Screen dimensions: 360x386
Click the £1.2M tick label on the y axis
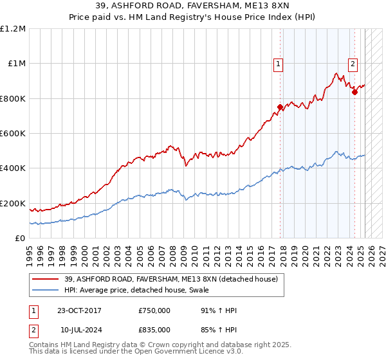[x=14, y=29]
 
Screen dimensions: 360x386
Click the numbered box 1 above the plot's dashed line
[x=278, y=63]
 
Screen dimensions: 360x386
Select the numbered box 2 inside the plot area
[x=353, y=63]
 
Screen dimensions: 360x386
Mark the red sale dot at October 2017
[x=280, y=107]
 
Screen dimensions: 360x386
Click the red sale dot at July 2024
[x=354, y=93]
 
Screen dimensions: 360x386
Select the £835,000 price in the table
[x=154, y=330]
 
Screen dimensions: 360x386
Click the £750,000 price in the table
[x=154, y=310]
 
